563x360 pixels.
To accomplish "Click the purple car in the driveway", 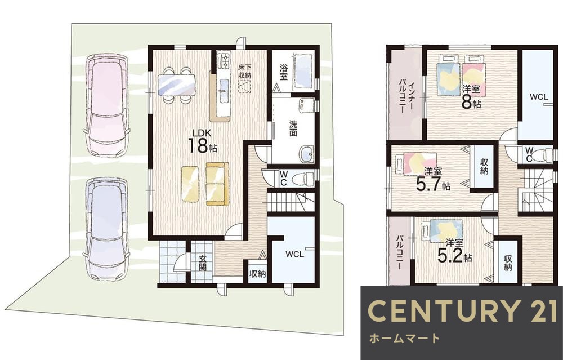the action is point(106,229).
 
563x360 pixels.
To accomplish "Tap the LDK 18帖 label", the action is point(202,141).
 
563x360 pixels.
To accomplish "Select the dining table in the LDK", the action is point(176,85).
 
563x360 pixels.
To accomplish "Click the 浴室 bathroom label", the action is point(284,72).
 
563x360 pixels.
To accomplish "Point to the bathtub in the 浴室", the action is point(304,70).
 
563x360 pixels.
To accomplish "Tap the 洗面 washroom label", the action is point(293,128).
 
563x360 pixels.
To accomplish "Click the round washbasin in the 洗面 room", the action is point(306,154).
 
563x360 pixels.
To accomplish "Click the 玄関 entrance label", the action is point(203,263).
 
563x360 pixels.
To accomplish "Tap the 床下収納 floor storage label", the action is point(244,71).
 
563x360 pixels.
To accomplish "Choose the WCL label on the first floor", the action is point(295,255).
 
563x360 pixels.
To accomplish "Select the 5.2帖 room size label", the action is point(454,252).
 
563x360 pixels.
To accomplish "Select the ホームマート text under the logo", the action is point(404,338).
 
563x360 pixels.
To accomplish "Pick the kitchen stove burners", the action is point(225,60).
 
